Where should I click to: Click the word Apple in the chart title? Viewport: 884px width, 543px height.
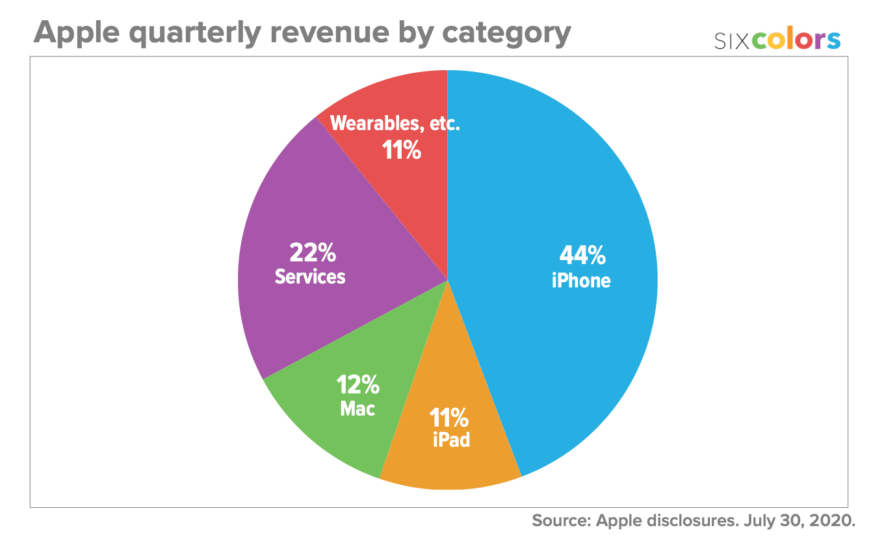point(76,32)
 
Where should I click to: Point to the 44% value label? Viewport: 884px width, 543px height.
point(582,256)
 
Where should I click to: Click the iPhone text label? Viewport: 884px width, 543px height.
point(581,280)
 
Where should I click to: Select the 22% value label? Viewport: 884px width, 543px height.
point(311,252)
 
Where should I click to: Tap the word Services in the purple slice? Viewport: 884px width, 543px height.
point(310,276)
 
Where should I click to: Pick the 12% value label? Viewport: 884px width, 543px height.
point(357,386)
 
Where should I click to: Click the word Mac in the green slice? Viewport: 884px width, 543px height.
point(357,409)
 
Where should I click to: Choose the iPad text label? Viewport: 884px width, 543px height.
point(451,440)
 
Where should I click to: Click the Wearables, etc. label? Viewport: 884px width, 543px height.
point(395,124)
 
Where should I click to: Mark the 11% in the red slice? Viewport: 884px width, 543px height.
point(401,151)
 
